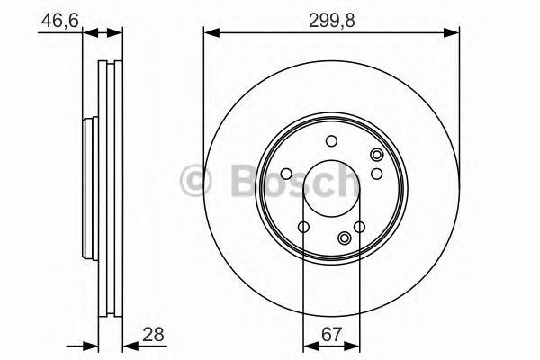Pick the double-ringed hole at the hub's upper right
375,157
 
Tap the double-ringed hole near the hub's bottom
346,238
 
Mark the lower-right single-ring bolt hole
360,228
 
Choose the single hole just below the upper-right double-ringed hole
378,174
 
